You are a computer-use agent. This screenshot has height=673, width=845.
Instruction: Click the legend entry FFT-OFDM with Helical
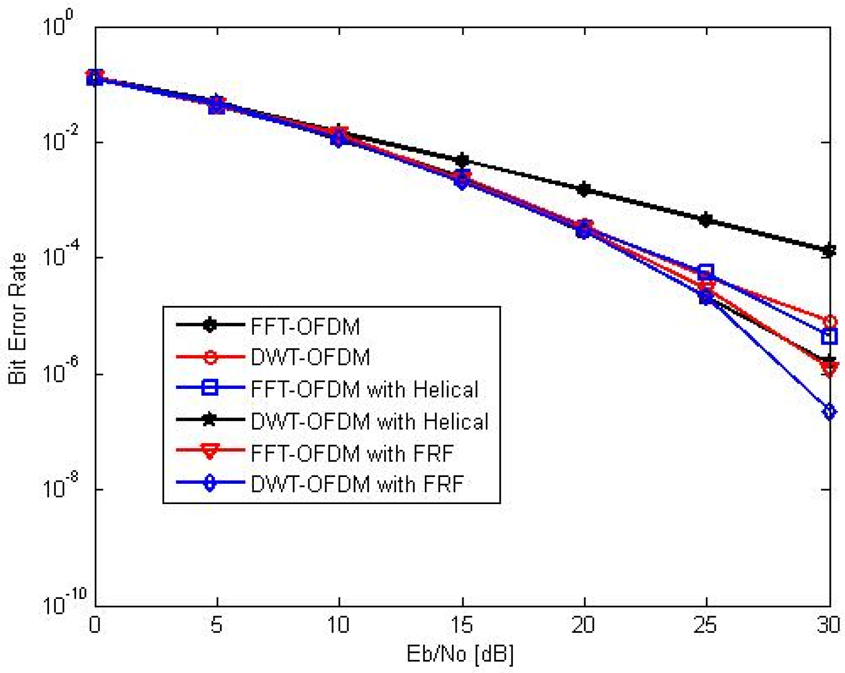click(364, 389)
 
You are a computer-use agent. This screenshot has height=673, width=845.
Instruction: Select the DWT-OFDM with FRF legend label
click(357, 484)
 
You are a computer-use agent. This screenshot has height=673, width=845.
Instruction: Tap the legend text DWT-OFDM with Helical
click(369, 421)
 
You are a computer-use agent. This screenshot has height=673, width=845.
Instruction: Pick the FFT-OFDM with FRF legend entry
click(352, 453)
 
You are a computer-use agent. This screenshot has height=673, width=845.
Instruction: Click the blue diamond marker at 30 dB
click(829, 412)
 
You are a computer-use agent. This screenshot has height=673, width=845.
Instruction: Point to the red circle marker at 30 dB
click(829, 321)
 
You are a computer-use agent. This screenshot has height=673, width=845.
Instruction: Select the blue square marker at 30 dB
click(829, 336)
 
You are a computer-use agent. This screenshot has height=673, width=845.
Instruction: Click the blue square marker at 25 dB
click(706, 272)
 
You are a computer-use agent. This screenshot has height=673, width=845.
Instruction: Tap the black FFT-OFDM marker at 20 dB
click(584, 189)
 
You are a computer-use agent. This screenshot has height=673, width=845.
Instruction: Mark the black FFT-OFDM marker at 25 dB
click(706, 219)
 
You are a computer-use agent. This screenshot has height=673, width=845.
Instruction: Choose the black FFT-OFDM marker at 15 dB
click(462, 160)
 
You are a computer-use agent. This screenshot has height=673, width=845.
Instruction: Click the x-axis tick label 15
click(461, 625)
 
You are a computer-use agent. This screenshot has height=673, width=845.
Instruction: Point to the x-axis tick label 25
click(705, 625)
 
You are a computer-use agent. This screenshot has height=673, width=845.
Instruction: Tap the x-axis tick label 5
click(217, 625)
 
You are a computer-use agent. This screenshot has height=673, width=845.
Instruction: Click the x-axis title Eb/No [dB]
click(460, 654)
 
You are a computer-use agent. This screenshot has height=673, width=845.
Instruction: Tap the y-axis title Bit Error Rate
click(18, 319)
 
